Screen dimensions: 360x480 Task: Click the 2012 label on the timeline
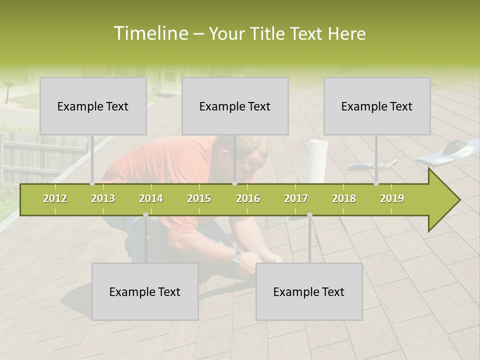pyautogui.click(x=55, y=198)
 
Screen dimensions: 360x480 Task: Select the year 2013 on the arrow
pyautogui.click(x=103, y=198)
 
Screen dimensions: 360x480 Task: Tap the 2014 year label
pyautogui.click(x=151, y=198)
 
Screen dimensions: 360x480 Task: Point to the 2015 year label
pyautogui.click(x=199, y=198)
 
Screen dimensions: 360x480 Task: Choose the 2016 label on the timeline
pyautogui.click(x=248, y=198)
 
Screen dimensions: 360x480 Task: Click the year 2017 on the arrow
pyautogui.click(x=296, y=198)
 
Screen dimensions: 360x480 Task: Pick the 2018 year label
pyautogui.click(x=344, y=198)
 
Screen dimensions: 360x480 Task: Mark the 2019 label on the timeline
pyautogui.click(x=392, y=198)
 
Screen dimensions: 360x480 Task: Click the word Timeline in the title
pyautogui.click(x=150, y=33)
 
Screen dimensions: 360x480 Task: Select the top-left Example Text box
pyautogui.click(x=93, y=106)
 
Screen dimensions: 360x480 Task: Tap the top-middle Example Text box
pyautogui.click(x=235, y=106)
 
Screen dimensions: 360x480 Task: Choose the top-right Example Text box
pyautogui.click(x=377, y=106)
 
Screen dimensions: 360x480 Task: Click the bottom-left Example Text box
pyautogui.click(x=145, y=291)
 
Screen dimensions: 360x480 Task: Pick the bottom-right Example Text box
pyautogui.click(x=309, y=291)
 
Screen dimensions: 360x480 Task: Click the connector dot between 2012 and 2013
pyautogui.click(x=92, y=183)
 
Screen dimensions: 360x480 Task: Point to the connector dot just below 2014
pyautogui.click(x=145, y=214)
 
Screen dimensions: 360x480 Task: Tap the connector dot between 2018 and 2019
pyautogui.click(x=376, y=183)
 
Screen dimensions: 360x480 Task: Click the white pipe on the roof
pyautogui.click(x=317, y=160)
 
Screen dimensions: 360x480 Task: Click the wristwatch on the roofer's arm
pyautogui.click(x=236, y=257)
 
